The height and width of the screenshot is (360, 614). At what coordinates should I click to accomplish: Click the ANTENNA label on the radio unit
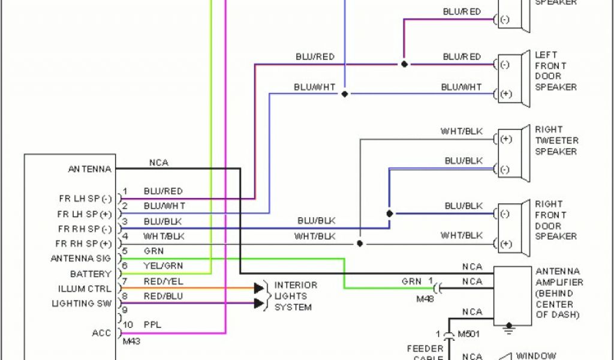click(x=89, y=169)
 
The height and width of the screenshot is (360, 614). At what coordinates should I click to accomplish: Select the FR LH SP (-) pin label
click(x=84, y=199)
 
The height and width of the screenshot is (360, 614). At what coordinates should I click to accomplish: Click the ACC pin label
click(x=101, y=333)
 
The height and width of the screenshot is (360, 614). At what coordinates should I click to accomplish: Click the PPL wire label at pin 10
click(x=152, y=325)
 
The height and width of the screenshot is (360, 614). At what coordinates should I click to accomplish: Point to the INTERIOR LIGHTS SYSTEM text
click(x=296, y=296)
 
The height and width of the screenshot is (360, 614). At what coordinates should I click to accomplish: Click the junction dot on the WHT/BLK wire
click(x=359, y=244)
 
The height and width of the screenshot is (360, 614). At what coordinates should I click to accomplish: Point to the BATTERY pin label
click(x=91, y=274)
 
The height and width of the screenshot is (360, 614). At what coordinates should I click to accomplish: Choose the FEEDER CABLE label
click(x=425, y=353)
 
